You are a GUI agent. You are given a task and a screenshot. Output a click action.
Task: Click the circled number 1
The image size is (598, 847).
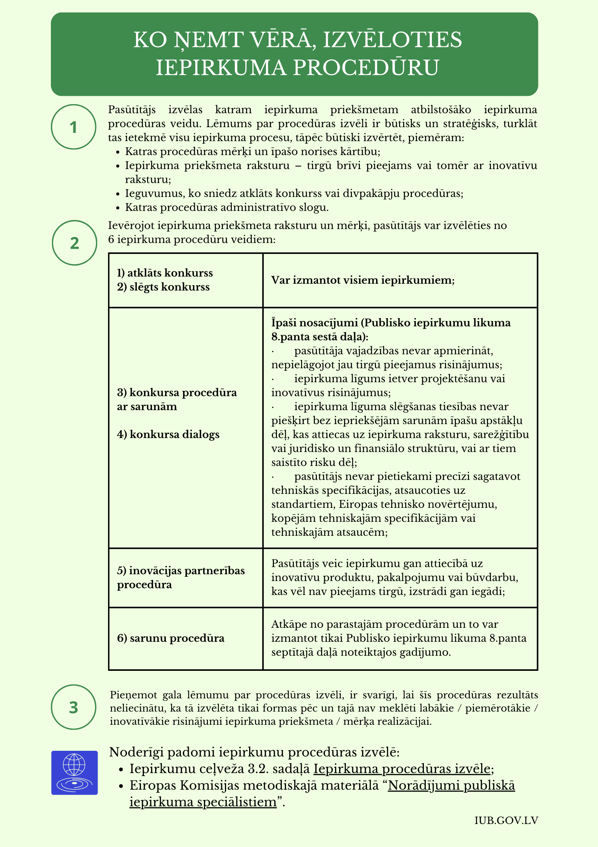click(73, 127)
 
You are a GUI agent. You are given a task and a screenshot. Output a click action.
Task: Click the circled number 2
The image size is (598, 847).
click(74, 243)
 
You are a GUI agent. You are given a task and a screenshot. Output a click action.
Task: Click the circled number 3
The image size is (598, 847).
click(73, 707)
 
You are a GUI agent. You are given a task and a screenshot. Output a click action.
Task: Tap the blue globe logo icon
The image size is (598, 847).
click(75, 773)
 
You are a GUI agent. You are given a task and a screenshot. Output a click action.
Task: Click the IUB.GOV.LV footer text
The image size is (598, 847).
click(506, 820)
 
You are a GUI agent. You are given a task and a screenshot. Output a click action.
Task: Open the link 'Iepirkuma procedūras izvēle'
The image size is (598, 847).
click(402, 769)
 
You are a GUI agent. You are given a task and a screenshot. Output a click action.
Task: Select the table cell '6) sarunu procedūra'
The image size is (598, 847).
click(170, 638)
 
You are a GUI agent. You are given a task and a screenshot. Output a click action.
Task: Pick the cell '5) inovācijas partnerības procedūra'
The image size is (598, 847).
click(180, 577)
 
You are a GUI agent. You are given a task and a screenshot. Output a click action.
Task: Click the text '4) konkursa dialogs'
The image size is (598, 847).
click(168, 434)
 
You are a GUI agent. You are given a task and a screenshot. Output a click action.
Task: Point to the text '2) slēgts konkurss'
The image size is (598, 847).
click(163, 287)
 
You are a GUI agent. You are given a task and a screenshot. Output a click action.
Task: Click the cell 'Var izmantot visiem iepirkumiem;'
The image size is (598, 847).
click(363, 280)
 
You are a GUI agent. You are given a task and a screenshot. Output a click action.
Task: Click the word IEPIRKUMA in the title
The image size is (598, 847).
click(221, 68)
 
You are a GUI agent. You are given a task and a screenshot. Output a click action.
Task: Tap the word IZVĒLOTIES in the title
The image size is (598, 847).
click(392, 40)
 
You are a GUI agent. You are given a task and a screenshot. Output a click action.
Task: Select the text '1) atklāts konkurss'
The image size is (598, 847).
click(165, 273)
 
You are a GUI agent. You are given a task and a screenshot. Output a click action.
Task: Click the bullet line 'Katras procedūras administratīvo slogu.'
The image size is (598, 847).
click(227, 207)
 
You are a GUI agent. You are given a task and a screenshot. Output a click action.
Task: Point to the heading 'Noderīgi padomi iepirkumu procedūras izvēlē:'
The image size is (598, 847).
click(254, 752)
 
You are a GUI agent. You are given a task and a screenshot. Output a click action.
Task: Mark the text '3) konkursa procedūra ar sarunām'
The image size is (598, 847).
click(177, 399)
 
